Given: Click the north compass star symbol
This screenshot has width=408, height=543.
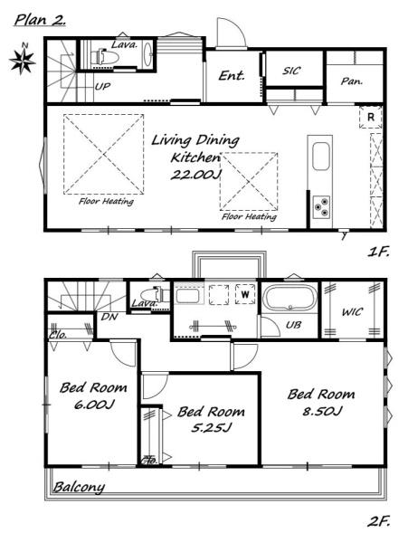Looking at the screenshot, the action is tap(22, 62).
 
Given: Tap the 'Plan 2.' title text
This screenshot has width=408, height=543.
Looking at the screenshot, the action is tap(40, 20).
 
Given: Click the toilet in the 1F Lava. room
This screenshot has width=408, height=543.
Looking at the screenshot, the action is tap(105, 56).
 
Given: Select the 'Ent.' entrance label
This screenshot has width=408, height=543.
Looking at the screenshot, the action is tap(232, 75).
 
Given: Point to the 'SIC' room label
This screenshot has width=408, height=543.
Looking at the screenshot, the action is tap(291, 71).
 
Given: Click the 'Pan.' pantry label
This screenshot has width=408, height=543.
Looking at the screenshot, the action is tap(352, 81).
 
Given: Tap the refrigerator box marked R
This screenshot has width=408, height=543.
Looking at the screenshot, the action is tap(371, 117).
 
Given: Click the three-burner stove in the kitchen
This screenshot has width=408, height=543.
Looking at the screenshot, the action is tap(321, 206).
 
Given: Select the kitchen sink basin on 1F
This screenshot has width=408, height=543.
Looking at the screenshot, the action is tap(321, 157).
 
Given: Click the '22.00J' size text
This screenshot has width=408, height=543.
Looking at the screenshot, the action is tap(195, 175).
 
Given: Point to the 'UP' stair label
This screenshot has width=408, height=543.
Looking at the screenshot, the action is tap(102, 87).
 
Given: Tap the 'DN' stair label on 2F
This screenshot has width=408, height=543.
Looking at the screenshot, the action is tap(109, 317).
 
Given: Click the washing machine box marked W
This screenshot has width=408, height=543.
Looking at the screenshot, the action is tap(245, 294).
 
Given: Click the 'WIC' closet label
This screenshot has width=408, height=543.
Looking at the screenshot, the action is tap(352, 312).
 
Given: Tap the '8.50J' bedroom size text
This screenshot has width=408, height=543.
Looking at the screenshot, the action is tap(322, 411).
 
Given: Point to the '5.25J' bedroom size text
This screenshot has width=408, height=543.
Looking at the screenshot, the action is tap(211, 428).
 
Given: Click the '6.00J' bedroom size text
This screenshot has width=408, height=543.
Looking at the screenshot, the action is tap(94, 405).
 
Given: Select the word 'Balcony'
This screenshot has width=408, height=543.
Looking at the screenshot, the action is tap(79, 487).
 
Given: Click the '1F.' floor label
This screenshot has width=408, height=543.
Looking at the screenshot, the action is tap(378, 252).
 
